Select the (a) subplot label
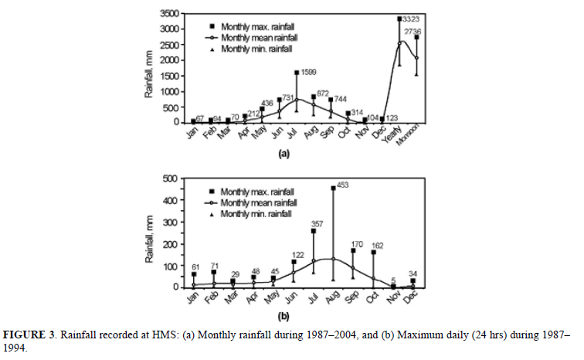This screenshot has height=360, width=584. click(x=307, y=153)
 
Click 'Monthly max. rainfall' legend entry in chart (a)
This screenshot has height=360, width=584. click(x=251, y=25)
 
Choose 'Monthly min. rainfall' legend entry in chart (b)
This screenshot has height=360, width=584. click(x=249, y=214)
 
